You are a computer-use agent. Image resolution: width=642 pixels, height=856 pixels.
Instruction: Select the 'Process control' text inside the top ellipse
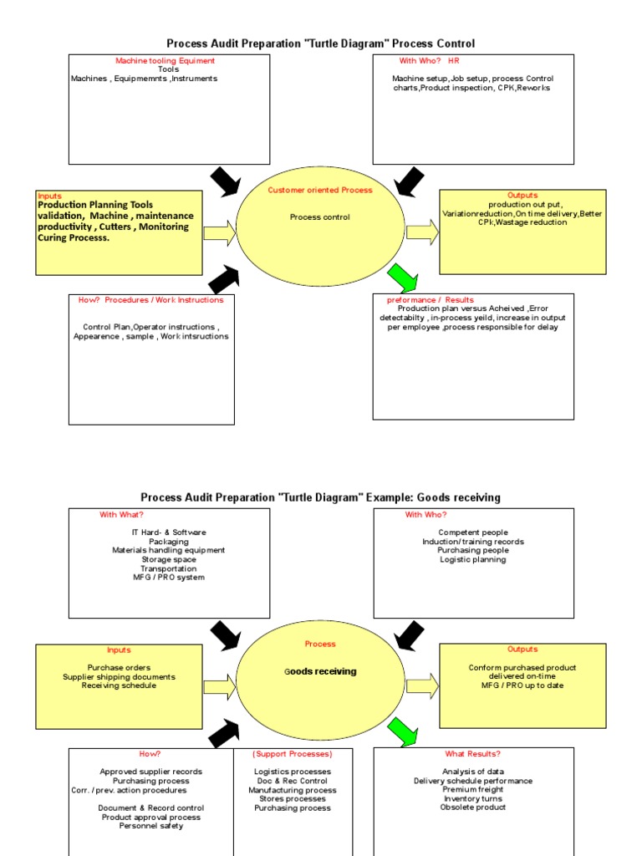point(320,217)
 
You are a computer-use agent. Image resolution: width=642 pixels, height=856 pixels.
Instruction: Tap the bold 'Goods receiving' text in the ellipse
point(320,671)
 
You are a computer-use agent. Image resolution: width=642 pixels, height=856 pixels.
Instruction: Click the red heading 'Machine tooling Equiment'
point(165,61)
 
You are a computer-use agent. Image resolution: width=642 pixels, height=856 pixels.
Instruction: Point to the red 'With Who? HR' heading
point(430,61)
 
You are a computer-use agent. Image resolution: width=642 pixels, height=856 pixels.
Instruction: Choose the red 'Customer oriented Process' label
point(320,191)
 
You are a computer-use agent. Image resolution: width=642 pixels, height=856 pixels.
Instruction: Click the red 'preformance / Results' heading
point(430,300)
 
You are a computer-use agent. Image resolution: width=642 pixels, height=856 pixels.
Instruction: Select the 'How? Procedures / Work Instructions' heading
point(151,300)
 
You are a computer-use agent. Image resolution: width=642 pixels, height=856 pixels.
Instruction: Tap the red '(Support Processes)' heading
point(293,754)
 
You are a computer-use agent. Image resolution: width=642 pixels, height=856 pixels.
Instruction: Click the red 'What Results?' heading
point(473,754)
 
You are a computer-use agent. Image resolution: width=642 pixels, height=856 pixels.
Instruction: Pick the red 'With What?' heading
point(121,515)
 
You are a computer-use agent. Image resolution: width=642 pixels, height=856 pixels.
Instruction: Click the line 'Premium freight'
point(473,790)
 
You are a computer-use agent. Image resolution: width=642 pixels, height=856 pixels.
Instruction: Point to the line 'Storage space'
point(168,560)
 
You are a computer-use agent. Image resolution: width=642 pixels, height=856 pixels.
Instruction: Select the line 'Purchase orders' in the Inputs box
point(119,668)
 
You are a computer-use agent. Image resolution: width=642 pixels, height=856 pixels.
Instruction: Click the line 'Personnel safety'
point(151,827)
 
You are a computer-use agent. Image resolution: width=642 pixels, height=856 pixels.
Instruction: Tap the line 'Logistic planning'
point(473,560)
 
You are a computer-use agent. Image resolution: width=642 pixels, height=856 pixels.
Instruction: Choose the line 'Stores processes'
point(293,799)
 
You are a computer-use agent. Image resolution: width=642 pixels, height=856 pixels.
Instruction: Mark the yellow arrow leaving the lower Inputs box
point(220,687)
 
